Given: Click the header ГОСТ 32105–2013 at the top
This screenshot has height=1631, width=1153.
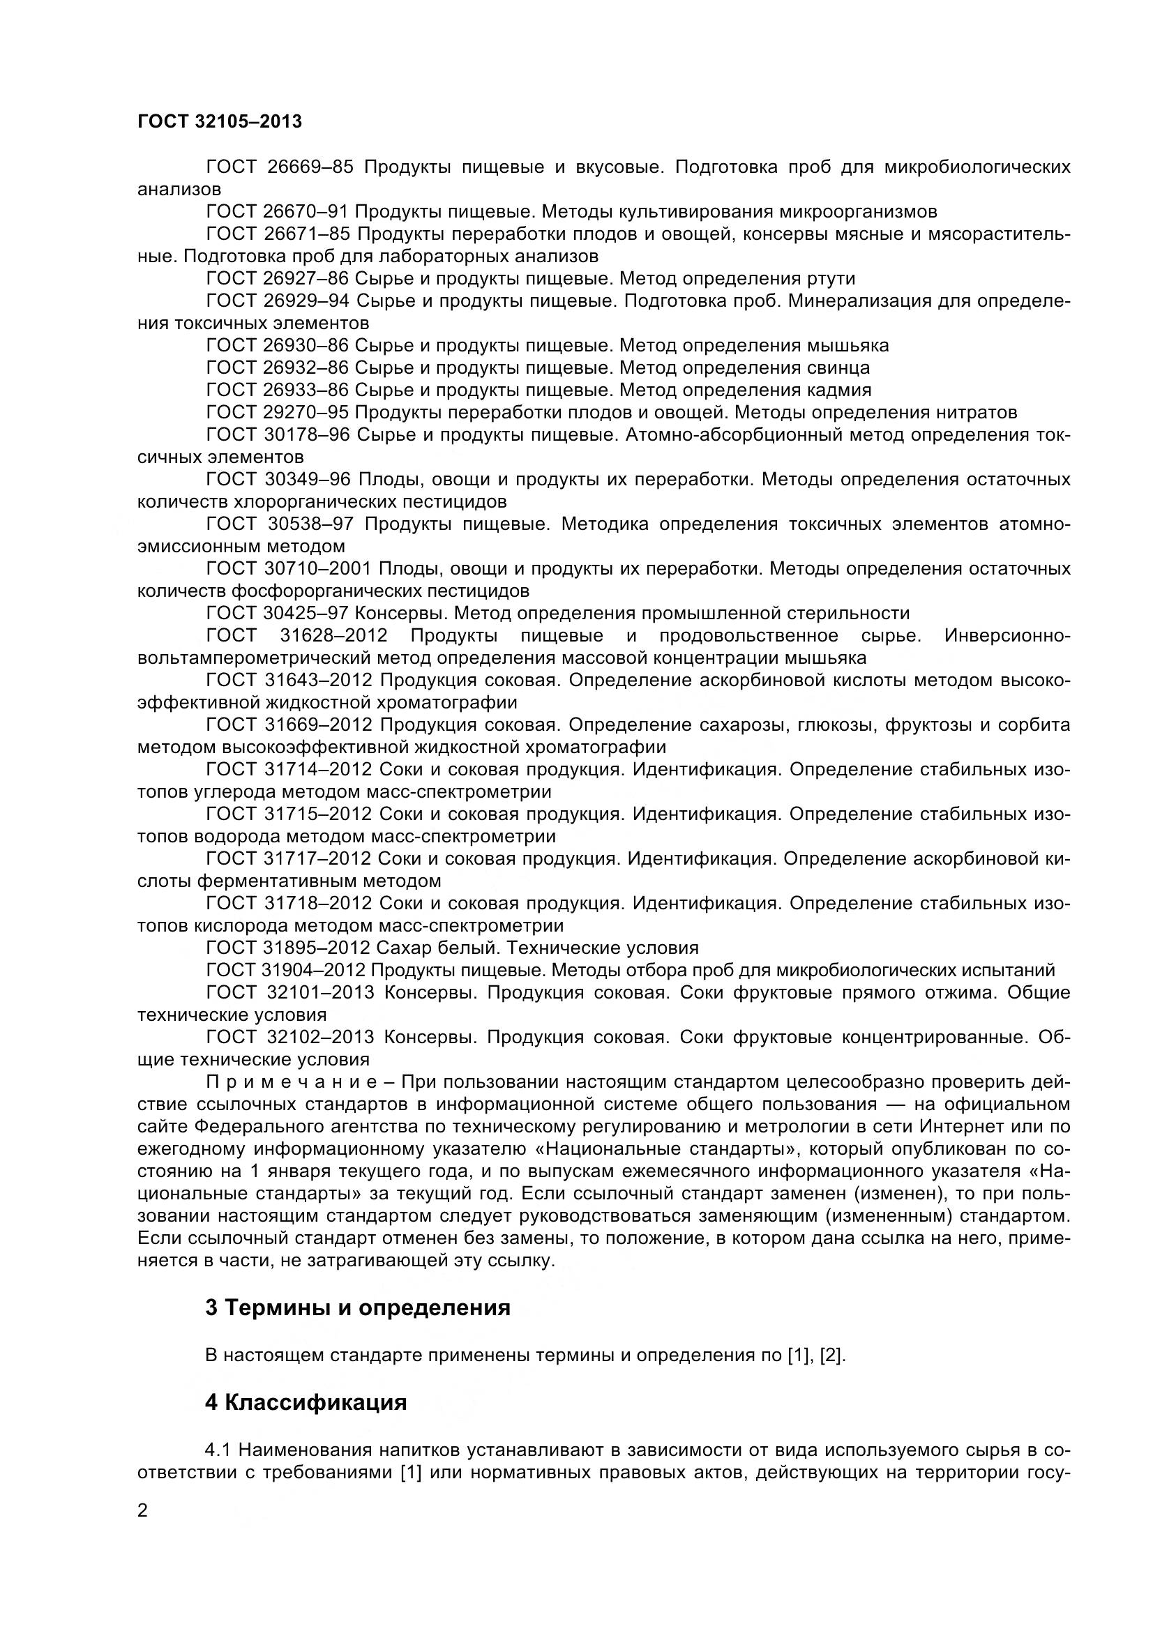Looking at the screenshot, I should tap(220, 121).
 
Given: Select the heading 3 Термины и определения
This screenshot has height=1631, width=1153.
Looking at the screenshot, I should tap(357, 1307).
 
